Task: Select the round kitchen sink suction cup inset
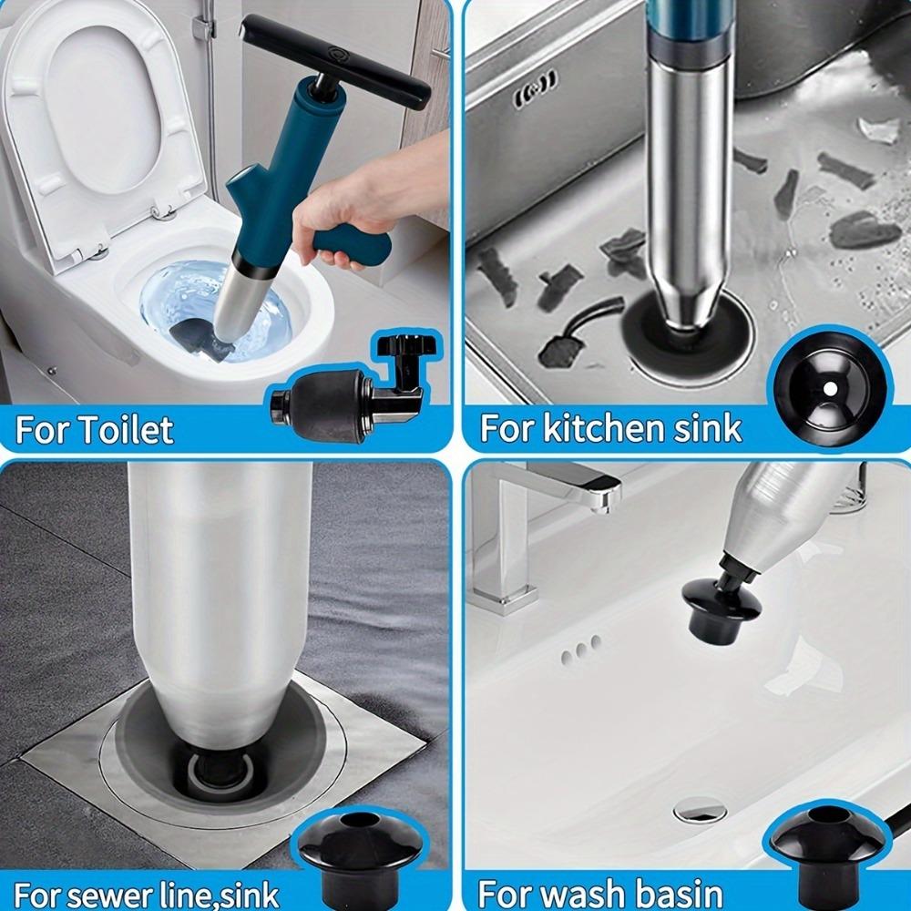coord(829,386)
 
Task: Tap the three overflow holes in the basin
coord(580,649)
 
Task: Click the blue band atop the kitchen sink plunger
coord(684,27)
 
